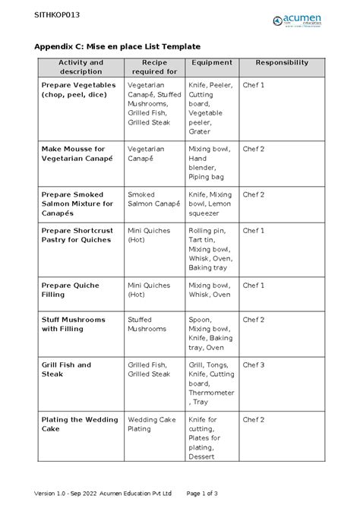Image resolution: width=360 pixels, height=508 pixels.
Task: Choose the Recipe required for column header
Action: tap(154, 67)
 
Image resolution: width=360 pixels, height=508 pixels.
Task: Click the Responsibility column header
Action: tap(281, 62)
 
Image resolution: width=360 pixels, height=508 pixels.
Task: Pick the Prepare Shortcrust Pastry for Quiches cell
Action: tap(77, 235)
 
